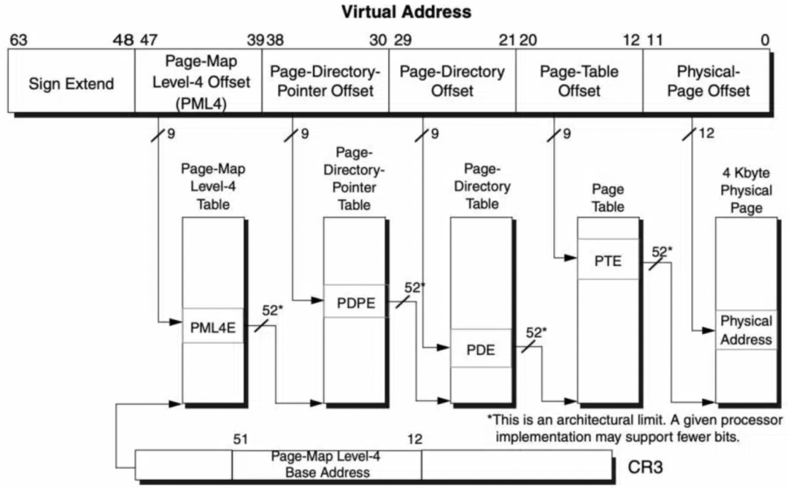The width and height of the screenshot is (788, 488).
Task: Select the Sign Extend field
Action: (x=72, y=83)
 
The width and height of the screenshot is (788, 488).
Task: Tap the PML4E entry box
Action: (x=212, y=327)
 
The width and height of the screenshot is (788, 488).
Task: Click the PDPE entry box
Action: (x=355, y=303)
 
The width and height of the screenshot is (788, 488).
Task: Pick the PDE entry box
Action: (x=481, y=349)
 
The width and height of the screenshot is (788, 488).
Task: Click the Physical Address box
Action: (x=746, y=330)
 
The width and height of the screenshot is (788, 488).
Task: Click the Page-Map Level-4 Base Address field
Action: (x=326, y=465)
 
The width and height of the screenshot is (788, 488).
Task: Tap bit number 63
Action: (x=18, y=40)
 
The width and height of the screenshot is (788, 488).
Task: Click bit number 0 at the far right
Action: (x=765, y=40)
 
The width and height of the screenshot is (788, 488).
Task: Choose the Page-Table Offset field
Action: (x=579, y=81)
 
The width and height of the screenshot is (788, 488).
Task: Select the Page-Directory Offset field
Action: (x=452, y=81)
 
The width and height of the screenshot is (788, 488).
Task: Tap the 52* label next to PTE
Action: (x=661, y=252)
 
